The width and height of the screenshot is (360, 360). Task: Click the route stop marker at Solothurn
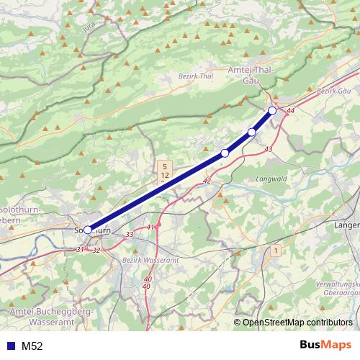(88, 230)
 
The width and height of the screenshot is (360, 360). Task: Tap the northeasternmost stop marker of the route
(272, 110)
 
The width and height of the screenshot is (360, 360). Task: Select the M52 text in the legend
(32, 346)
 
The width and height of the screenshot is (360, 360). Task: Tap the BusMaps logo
(326, 345)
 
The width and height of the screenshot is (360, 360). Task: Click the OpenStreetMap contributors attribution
(297, 323)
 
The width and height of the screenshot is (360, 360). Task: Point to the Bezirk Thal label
(196, 76)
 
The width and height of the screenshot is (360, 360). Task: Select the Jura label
(89, 30)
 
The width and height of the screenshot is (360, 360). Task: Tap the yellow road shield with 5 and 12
(165, 171)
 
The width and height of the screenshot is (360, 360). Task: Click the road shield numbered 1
(274, 251)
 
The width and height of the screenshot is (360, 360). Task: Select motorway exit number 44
(291, 112)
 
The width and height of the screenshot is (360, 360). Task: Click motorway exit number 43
(269, 148)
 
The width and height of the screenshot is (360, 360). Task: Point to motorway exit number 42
(207, 181)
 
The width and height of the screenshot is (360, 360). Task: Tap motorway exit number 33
(130, 235)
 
